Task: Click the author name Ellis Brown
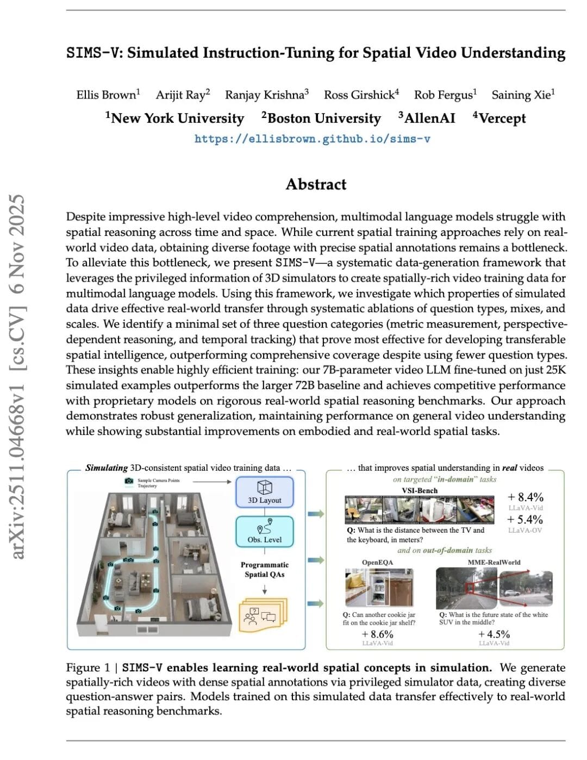[x=107, y=95]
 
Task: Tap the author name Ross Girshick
[x=359, y=95]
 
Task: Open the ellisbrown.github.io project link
[x=313, y=139]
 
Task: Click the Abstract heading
[x=316, y=184]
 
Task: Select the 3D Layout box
[x=265, y=491]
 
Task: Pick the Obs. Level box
[x=265, y=532]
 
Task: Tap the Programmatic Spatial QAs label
[x=265, y=569]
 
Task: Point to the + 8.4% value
[x=525, y=497]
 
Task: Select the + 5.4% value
[x=525, y=520]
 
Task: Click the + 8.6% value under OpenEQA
[x=377, y=634]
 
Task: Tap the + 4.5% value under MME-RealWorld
[x=494, y=634]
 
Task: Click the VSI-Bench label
[x=420, y=490]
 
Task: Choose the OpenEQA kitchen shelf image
[x=379, y=587]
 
